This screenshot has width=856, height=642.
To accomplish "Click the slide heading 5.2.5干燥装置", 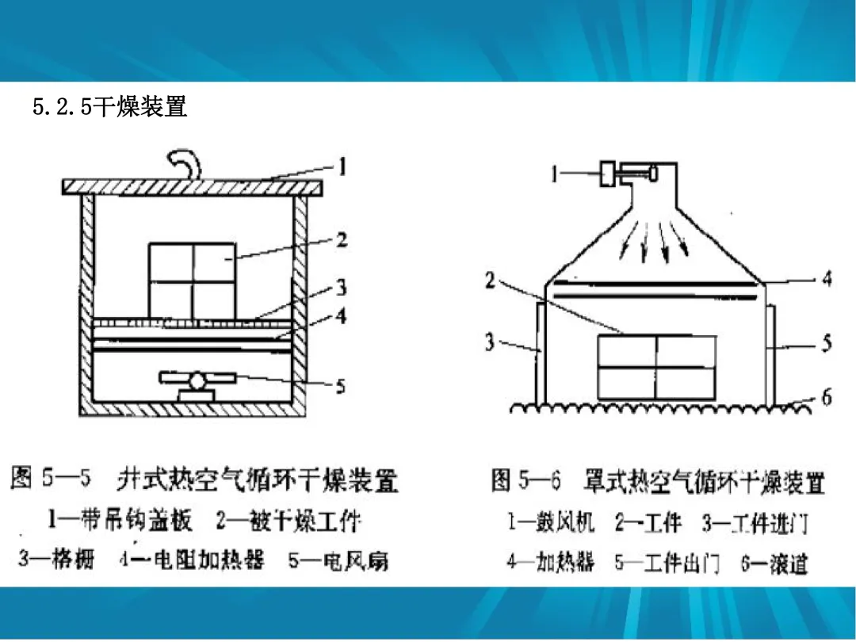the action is click(110, 107).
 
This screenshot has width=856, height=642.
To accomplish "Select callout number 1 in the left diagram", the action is click(342, 167).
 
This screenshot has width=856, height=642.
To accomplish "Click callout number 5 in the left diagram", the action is click(340, 386).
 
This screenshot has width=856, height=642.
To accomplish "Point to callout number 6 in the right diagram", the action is click(826, 398).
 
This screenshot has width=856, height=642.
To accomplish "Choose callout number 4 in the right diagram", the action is click(826, 280).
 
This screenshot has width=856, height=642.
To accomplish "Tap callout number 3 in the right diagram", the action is click(490, 342).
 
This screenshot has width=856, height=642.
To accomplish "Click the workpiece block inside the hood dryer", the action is click(656, 367).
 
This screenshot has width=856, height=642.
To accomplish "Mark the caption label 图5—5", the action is click(52, 479).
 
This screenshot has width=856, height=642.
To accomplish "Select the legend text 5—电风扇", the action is click(338, 560).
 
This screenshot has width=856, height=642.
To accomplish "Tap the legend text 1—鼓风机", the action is click(551, 523).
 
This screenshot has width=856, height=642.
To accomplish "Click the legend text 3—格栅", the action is click(55, 560).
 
